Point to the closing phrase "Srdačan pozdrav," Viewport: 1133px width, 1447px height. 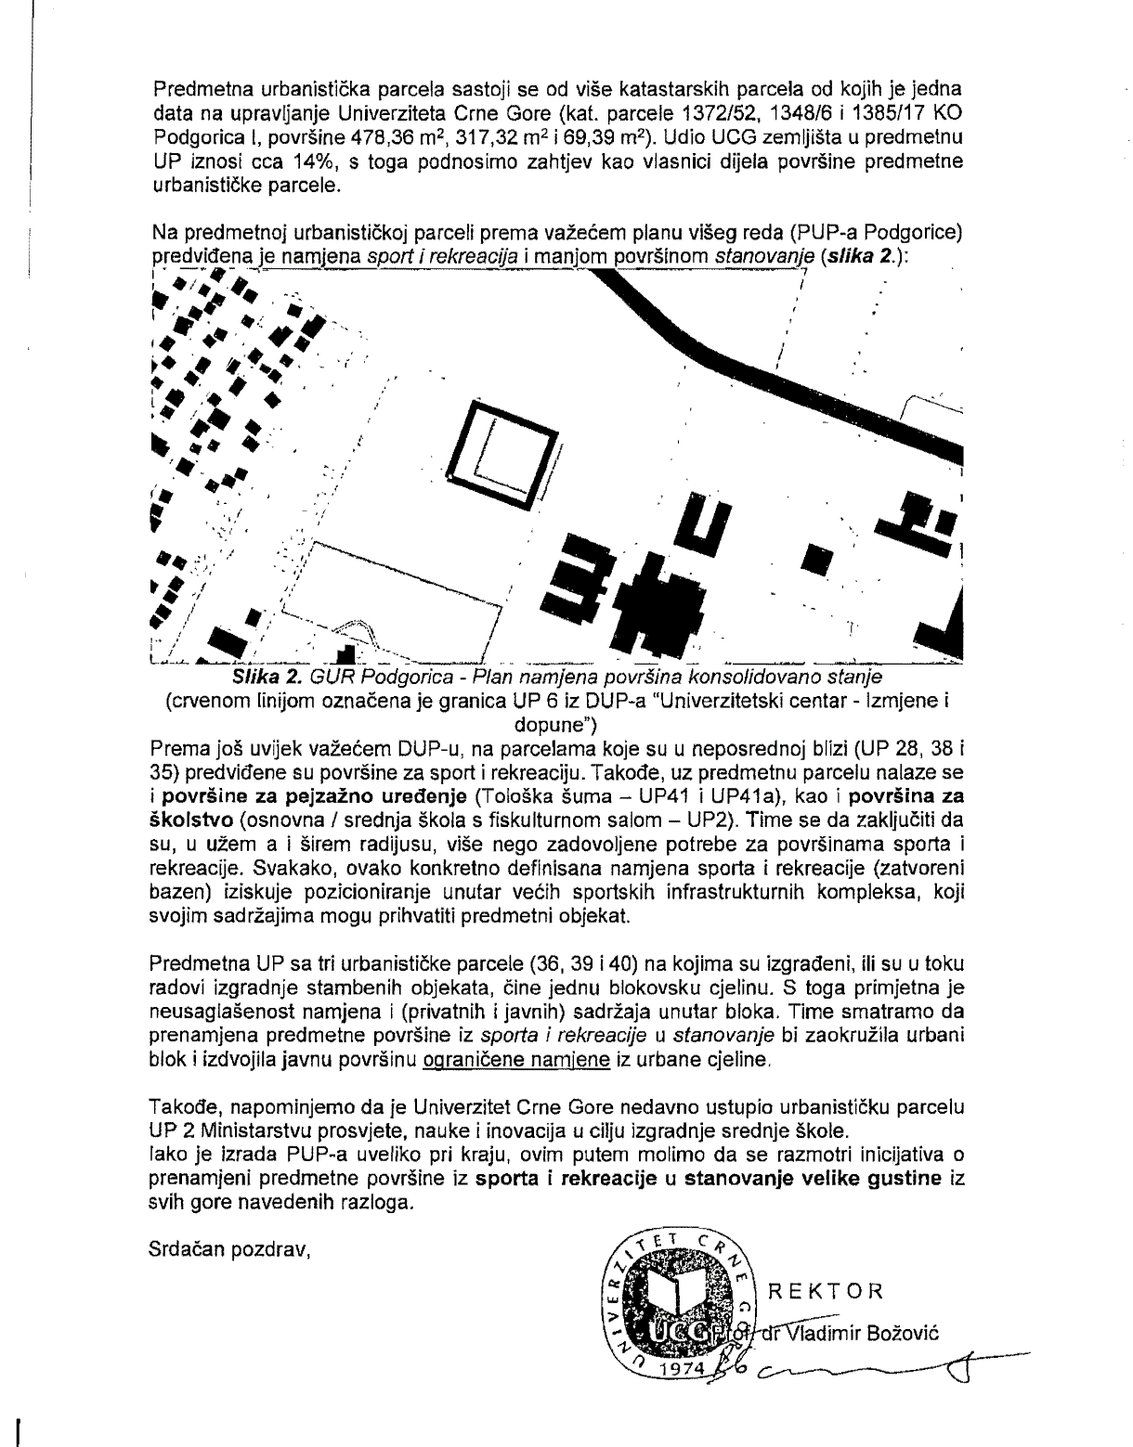(228, 1249)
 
